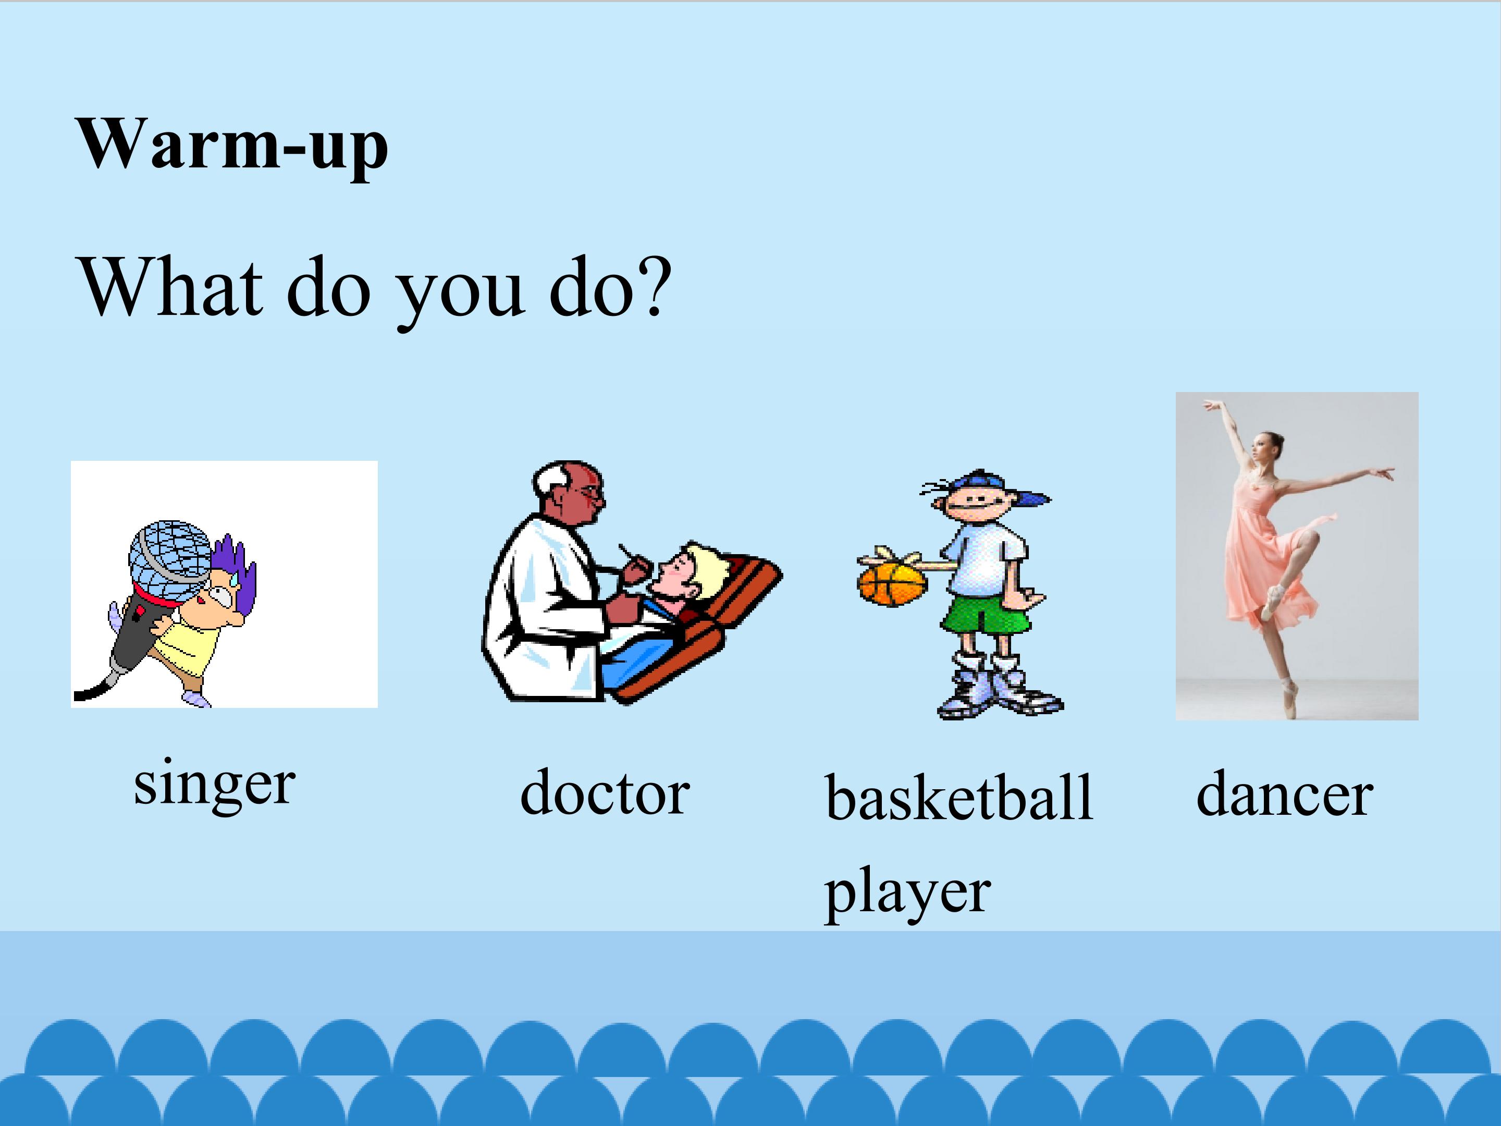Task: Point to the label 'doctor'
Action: click(x=605, y=793)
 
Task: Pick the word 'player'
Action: click(x=907, y=895)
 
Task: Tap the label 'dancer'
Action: click(x=1285, y=794)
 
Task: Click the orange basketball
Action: click(x=892, y=583)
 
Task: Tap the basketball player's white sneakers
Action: click(x=998, y=689)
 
